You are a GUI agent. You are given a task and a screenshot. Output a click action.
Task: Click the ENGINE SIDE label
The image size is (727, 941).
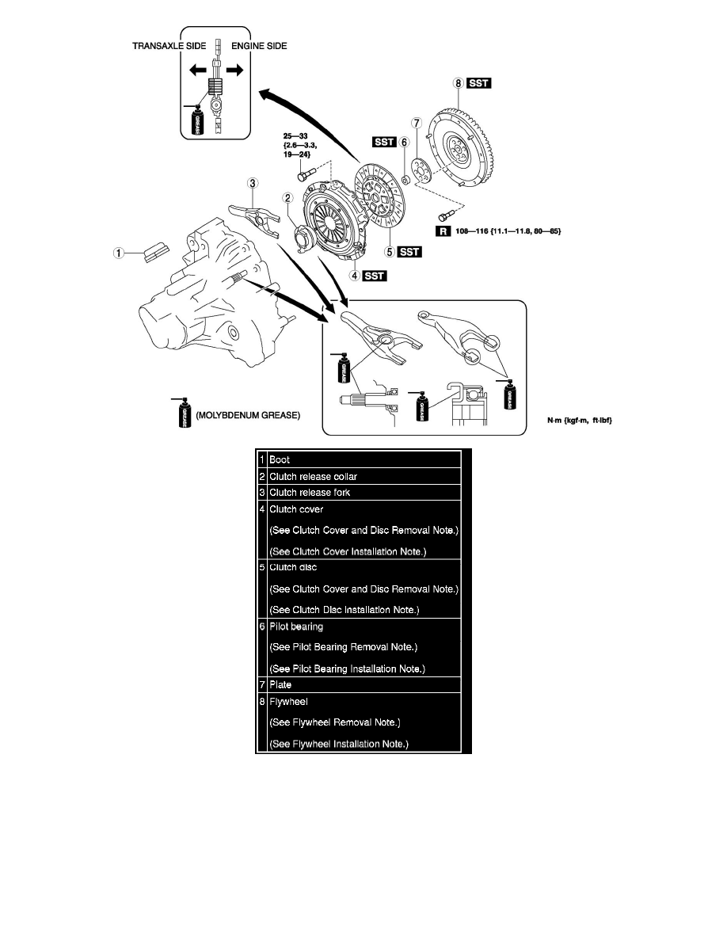[259, 47]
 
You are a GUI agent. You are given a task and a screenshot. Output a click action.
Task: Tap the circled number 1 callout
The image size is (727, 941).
[118, 253]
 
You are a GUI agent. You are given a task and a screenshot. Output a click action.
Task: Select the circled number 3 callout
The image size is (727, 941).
[252, 183]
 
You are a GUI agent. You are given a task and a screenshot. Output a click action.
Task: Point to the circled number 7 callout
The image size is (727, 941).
[415, 123]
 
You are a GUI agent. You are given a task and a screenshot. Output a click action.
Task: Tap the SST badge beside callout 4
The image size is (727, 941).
[375, 276]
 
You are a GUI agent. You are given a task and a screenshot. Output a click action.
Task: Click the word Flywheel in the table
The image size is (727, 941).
[289, 702]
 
